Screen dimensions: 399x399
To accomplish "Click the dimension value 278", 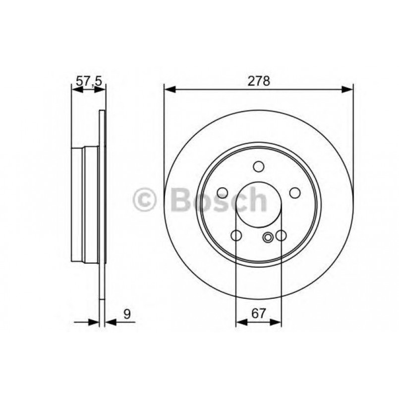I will point(259,81).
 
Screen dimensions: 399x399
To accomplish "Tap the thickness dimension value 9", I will point(127,313).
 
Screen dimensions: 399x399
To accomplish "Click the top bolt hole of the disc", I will point(258,166).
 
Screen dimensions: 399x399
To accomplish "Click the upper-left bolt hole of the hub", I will point(223,192).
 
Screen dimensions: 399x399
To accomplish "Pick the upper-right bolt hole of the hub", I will point(295,192).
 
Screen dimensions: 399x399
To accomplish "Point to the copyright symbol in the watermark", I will point(145,200).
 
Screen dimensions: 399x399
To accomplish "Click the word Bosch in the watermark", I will point(218,200).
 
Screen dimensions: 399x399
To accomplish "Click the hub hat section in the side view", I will point(85,204).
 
